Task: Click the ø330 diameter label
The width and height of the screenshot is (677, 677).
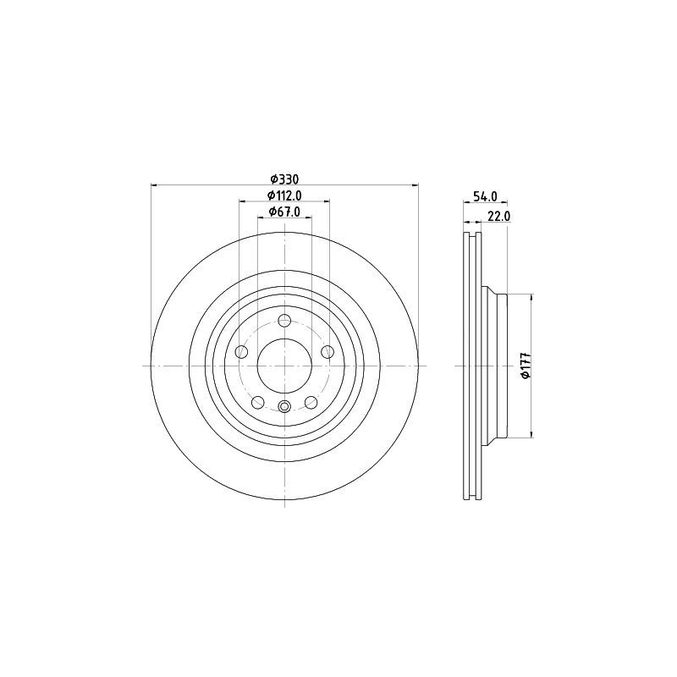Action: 284,179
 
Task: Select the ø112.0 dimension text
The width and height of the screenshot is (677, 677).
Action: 284,195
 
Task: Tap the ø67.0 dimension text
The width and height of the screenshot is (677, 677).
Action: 284,212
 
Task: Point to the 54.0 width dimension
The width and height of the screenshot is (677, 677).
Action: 485,196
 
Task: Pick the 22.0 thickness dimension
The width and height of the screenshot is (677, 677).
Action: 499,216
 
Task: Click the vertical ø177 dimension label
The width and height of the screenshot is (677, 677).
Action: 526,366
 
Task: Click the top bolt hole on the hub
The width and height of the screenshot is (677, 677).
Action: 284,321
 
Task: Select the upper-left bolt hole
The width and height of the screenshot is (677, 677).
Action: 242,351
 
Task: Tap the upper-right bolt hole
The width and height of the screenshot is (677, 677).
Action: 327,351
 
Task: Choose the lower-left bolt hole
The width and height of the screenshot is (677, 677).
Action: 258,402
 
